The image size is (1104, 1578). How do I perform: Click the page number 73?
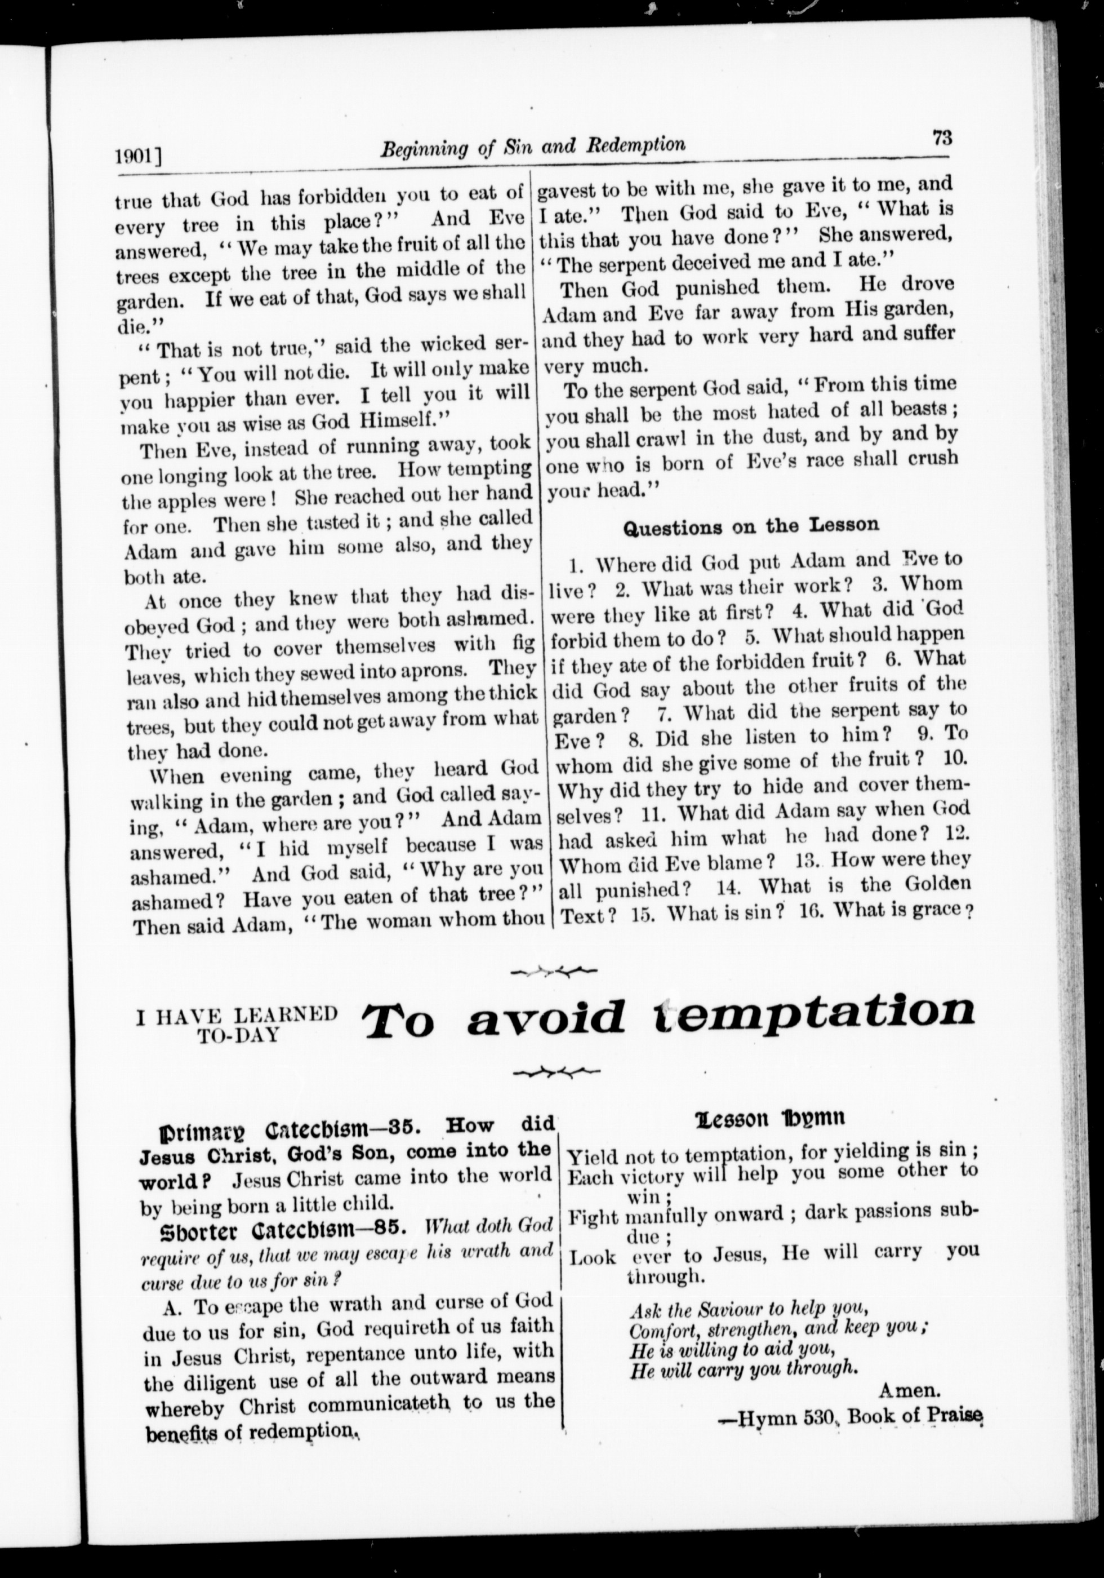point(942,138)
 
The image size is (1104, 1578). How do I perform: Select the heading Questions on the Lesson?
point(750,526)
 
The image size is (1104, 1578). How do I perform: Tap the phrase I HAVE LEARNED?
point(237,1014)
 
